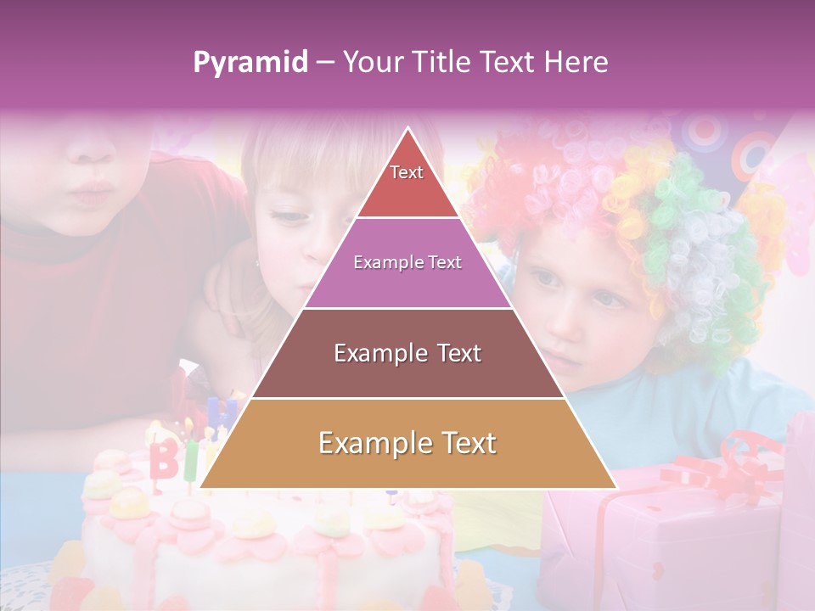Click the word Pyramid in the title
[x=250, y=63]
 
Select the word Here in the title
[x=576, y=62]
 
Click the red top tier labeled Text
[x=407, y=182]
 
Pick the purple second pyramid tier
[x=407, y=263]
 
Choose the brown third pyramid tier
[x=407, y=353]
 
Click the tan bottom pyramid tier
[x=407, y=444]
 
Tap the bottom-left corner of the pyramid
[x=202, y=487]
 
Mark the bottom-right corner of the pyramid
[x=615, y=487]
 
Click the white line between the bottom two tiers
[x=407, y=398]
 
